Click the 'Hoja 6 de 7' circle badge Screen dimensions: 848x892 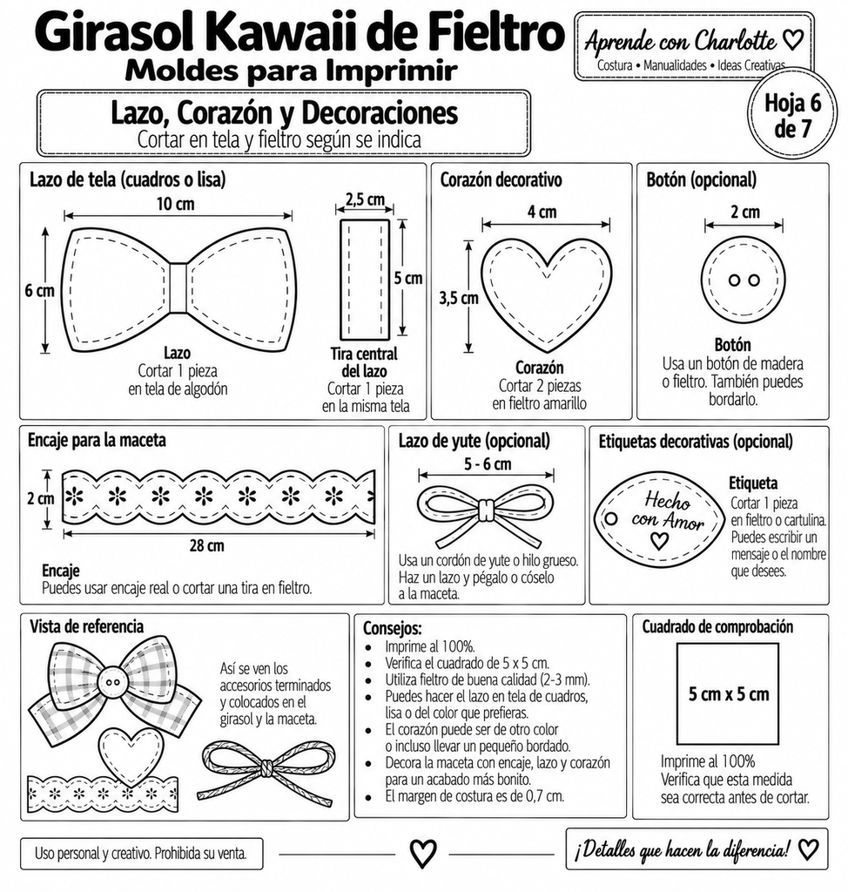792,114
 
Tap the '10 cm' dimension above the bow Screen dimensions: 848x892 175,204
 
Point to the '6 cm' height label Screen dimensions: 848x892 39,290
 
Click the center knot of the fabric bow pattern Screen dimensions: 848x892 178,287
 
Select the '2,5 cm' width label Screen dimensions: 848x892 365,199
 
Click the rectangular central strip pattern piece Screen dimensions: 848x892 365,279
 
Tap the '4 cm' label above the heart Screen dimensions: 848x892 542,212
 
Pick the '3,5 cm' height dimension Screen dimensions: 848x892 459,298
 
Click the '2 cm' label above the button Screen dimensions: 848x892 745,212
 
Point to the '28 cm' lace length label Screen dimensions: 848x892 206,545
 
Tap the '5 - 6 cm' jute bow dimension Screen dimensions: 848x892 488,463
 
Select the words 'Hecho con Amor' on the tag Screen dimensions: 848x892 667,511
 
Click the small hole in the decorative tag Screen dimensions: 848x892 611,519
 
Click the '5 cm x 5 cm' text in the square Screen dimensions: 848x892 729,694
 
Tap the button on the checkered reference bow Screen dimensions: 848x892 113,682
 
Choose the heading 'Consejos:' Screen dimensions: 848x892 393,628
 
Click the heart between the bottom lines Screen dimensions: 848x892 423,854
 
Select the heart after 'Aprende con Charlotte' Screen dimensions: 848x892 793,40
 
